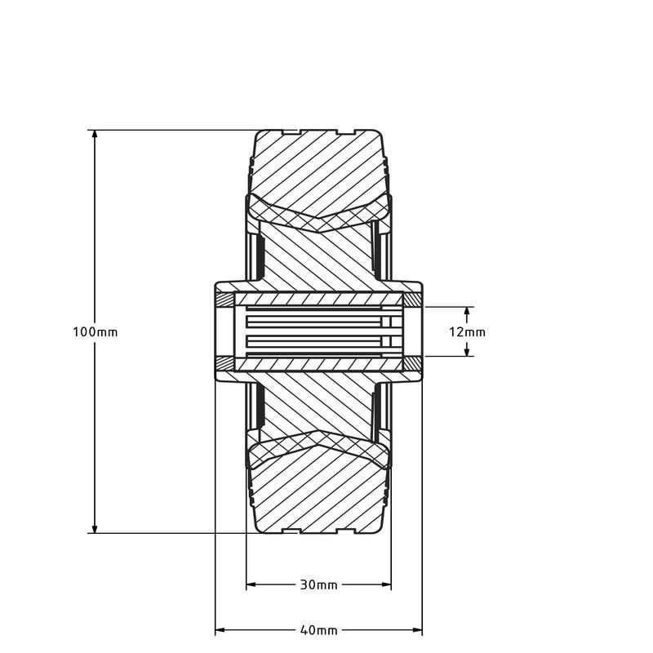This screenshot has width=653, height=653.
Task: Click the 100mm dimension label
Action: pos(96,332)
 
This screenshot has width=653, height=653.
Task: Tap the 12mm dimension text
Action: pos(468,332)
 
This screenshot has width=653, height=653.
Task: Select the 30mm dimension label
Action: pos(318,585)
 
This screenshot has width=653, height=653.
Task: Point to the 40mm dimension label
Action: pos(318,630)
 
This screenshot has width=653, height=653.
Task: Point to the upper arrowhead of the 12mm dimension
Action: pos(468,312)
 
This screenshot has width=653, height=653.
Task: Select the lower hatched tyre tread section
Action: pos(318,494)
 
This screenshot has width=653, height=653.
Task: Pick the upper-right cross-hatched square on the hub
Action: pos(413,299)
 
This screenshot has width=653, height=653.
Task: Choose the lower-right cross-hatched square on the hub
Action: pos(413,364)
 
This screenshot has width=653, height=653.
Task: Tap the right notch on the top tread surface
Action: pos(347,132)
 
